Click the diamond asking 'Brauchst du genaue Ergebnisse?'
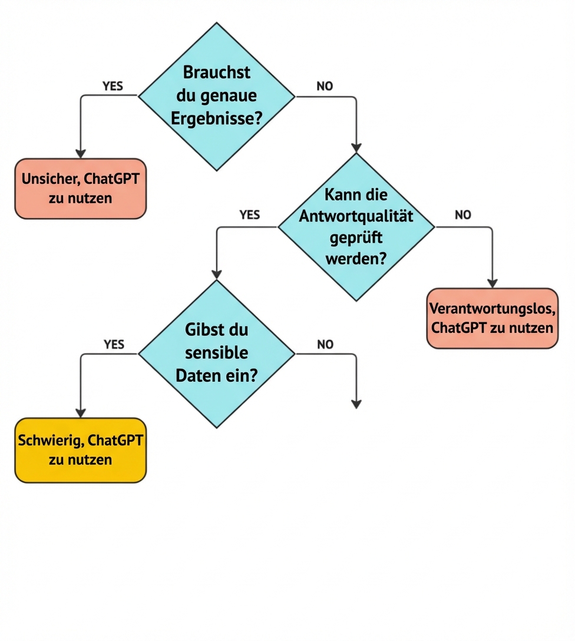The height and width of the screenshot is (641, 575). [x=216, y=97]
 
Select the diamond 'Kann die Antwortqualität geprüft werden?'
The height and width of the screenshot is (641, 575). [x=356, y=227]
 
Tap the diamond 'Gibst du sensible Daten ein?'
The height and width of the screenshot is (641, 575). [x=216, y=353]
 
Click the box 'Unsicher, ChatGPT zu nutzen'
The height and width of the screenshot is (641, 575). [x=80, y=189]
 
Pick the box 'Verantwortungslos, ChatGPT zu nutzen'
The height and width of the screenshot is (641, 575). [x=492, y=318]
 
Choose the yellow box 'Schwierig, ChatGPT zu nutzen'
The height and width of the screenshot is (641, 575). [x=80, y=450]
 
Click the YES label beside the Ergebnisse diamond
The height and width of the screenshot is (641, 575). [x=113, y=86]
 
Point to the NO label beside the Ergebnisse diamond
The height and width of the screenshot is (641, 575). [x=325, y=86]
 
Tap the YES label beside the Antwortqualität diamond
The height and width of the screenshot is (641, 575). [x=250, y=215]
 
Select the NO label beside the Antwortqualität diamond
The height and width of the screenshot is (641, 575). [x=463, y=215]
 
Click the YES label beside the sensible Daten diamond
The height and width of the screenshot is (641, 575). [x=114, y=345]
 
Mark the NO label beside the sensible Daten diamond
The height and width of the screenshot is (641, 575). [x=325, y=345]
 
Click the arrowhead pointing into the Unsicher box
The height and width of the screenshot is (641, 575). [x=81, y=153]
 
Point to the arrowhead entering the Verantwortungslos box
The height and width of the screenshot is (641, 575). [x=492, y=283]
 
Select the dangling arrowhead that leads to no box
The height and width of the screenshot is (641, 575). [x=356, y=404]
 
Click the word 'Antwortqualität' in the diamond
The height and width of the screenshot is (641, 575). [x=356, y=216]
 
